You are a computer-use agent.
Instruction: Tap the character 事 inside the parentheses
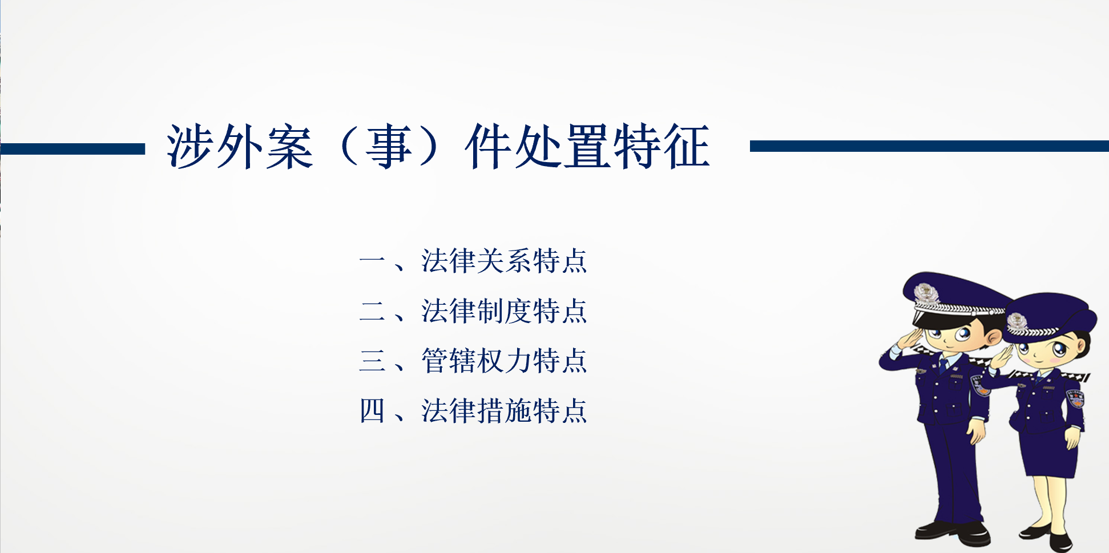click(390, 147)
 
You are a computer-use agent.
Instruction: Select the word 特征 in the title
click(662, 147)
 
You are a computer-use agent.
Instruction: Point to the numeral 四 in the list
click(372, 411)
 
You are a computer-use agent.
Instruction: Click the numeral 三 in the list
click(372, 361)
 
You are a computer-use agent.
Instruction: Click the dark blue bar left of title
click(72, 149)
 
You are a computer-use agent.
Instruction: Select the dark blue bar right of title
click(929, 146)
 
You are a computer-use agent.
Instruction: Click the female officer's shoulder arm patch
click(1075, 398)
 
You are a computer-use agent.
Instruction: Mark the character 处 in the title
click(539, 147)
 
